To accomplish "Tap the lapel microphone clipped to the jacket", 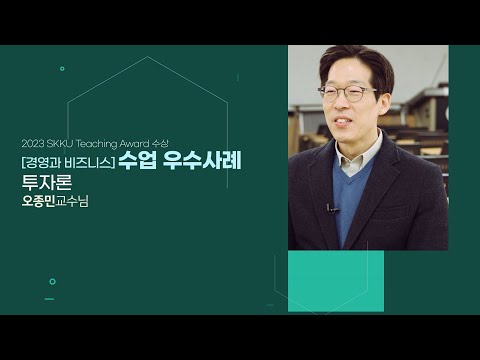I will pyautogui.click(x=329, y=207).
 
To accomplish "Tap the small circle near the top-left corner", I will pyautogui.click(x=62, y=69).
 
